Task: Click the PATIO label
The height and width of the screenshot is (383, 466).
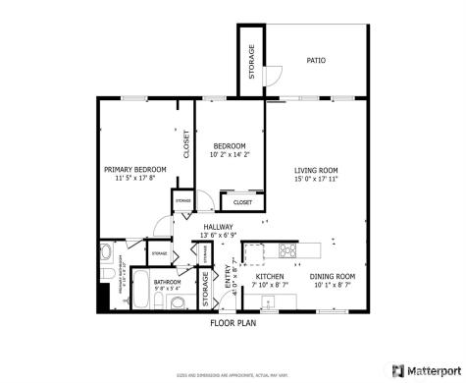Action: click(x=316, y=61)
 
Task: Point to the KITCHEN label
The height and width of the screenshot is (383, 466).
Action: click(x=270, y=277)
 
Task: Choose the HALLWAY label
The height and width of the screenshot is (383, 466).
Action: click(x=217, y=227)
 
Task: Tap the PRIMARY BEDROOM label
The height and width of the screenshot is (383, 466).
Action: click(x=135, y=170)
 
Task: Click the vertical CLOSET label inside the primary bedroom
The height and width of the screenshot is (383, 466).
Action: click(x=186, y=144)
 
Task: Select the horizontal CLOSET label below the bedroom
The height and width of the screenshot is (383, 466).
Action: click(x=241, y=202)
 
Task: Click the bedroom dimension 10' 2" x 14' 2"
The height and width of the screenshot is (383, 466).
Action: click(x=230, y=154)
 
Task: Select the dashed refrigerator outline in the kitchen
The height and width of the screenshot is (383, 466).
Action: click(x=254, y=253)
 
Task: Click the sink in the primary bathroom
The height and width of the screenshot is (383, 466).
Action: click(x=107, y=257)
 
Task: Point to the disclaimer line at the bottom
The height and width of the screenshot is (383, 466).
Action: click(x=233, y=374)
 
